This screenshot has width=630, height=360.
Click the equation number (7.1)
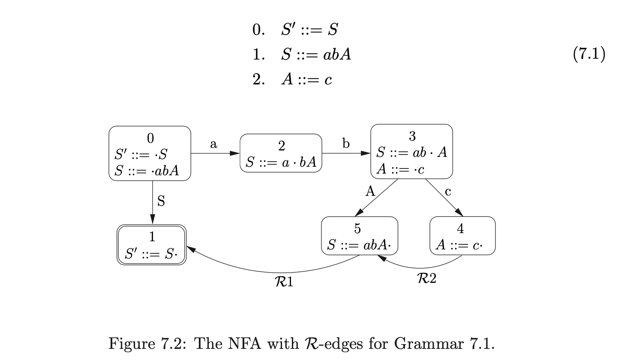[x=589, y=54]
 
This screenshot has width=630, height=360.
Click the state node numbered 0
[x=150, y=153]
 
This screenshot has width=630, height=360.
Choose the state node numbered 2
[x=281, y=153]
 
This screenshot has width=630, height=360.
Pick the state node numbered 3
[x=411, y=151]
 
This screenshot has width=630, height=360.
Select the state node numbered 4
[x=462, y=236]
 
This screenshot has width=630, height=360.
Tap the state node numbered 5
[x=359, y=236]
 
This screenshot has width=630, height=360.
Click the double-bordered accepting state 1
[x=152, y=245]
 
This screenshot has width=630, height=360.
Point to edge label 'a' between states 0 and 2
[x=213, y=144]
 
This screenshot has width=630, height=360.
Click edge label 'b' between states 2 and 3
[x=346, y=144]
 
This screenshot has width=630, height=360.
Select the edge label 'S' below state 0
[x=161, y=201]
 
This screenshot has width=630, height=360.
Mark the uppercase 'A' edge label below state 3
[x=370, y=191]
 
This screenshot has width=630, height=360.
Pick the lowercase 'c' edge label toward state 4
[x=448, y=191]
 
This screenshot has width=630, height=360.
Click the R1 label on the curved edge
[x=284, y=282]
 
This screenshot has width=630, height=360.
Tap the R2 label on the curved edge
[x=426, y=279]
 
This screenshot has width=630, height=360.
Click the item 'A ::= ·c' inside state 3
[x=401, y=169]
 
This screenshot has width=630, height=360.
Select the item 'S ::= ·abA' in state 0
[x=147, y=171]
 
